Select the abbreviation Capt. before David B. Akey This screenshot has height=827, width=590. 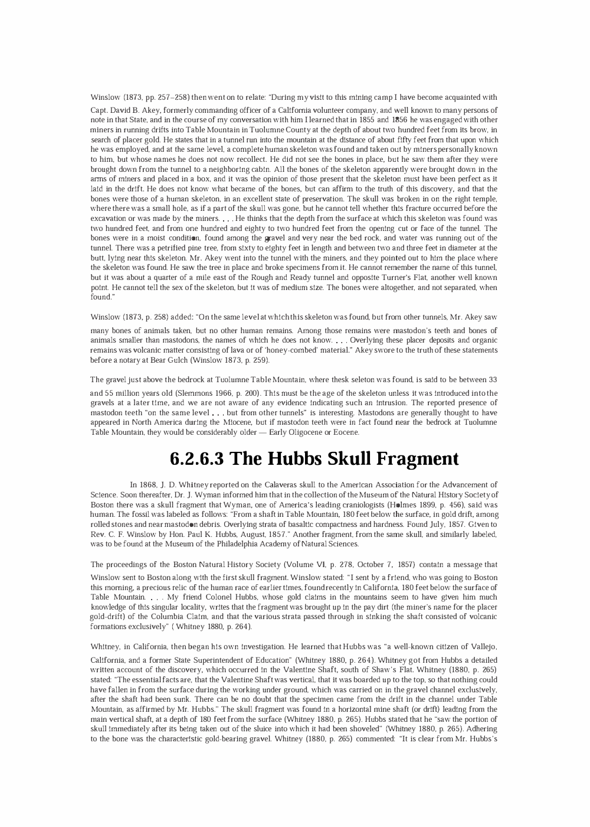pyautogui.click(x=99, y=110)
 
